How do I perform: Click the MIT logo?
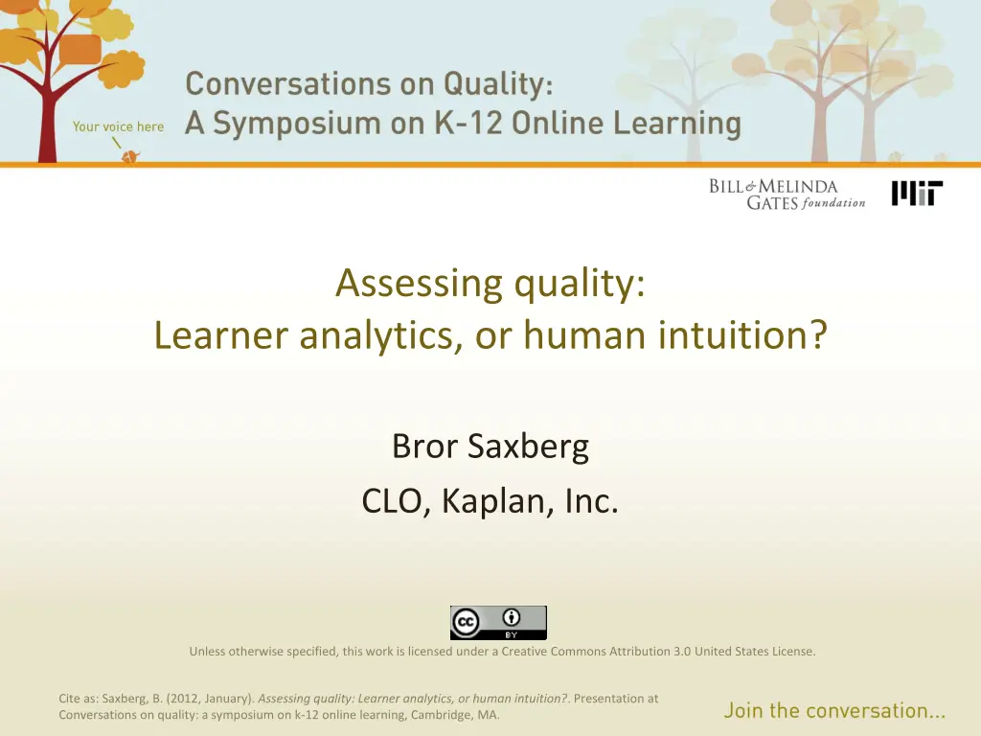pyautogui.click(x=917, y=194)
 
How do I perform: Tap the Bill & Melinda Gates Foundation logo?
pyautogui.click(x=787, y=195)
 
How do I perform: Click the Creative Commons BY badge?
pyautogui.click(x=498, y=623)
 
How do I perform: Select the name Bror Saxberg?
pyautogui.click(x=490, y=447)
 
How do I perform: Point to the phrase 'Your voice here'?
pyautogui.click(x=118, y=126)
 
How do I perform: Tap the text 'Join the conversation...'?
pyautogui.click(x=834, y=711)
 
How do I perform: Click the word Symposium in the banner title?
pyautogui.click(x=297, y=124)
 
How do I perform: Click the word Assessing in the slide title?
pyautogui.click(x=420, y=284)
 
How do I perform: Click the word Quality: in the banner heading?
pyautogui.click(x=498, y=85)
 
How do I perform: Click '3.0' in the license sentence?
pyautogui.click(x=682, y=652)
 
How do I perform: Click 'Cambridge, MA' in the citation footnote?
pyautogui.click(x=454, y=715)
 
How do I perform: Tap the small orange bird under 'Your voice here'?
pyautogui.click(x=130, y=156)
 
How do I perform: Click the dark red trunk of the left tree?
pyautogui.click(x=47, y=126)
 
